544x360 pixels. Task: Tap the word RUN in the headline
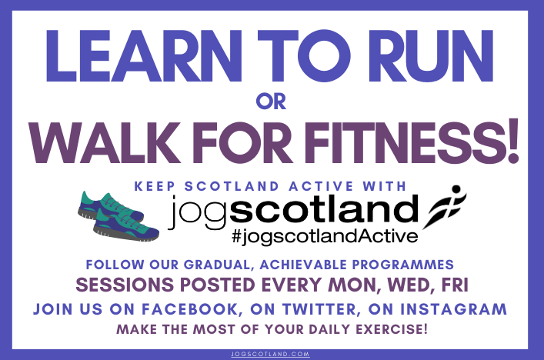click(431, 56)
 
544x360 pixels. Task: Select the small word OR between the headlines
click(271, 102)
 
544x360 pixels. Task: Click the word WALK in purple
click(104, 142)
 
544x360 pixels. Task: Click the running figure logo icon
click(445, 207)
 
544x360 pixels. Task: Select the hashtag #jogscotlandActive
click(325, 236)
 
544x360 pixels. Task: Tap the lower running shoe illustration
click(127, 225)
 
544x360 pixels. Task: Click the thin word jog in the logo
click(198, 212)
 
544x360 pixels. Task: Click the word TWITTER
click(319, 309)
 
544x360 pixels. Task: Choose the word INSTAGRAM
click(453, 309)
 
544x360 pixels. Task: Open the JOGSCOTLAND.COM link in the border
click(271, 354)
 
